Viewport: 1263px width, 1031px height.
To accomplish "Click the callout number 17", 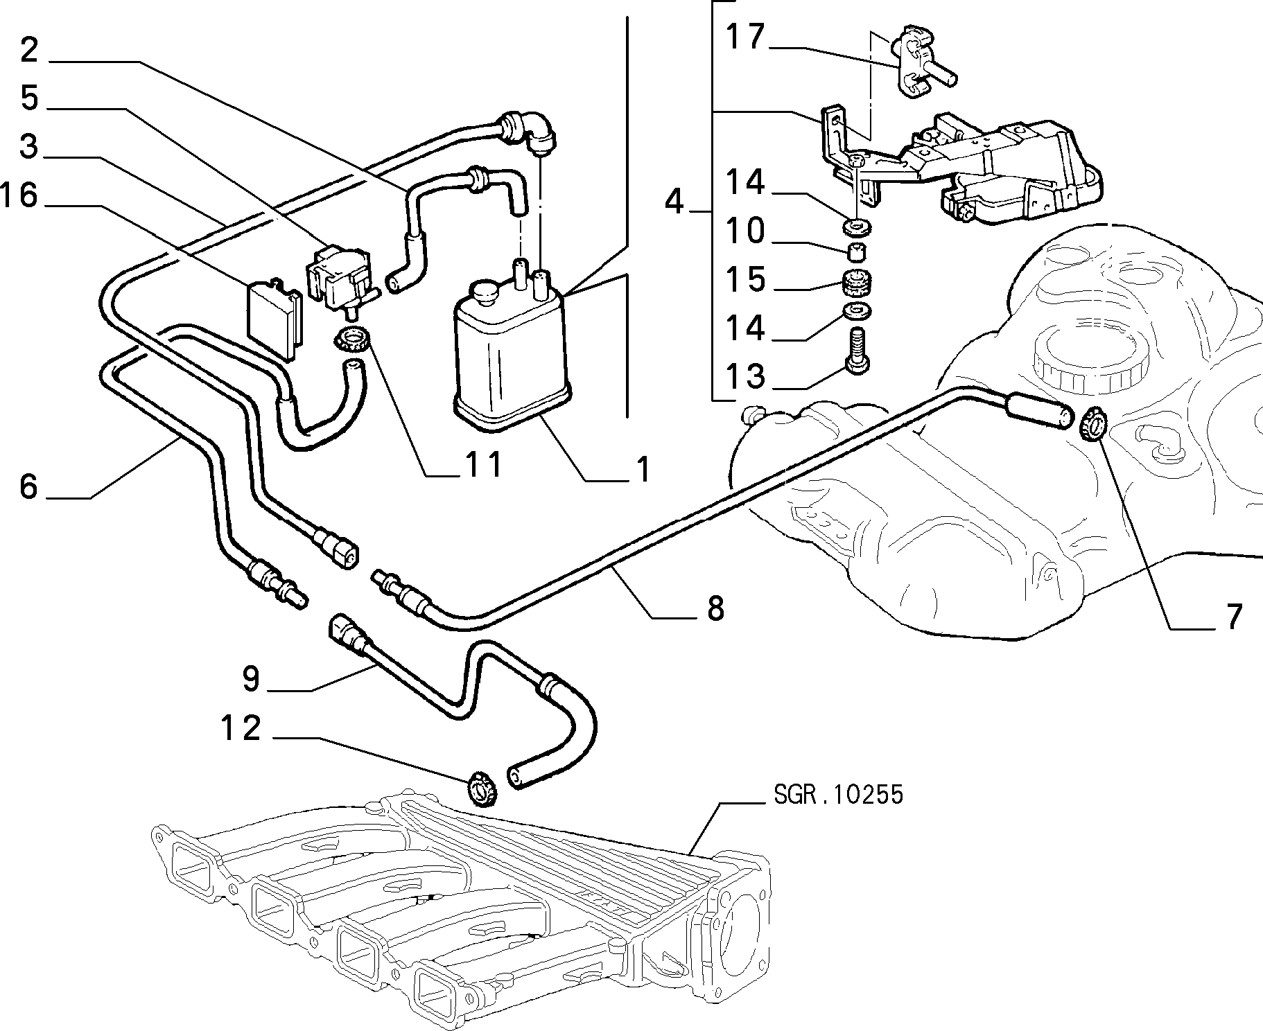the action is [744, 37].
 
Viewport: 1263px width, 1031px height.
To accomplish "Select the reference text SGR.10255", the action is [839, 794].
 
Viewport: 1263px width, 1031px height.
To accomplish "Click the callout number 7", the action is [1231, 617].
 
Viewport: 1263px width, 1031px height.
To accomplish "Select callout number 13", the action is [744, 376].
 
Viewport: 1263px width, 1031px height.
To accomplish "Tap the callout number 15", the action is [744, 279].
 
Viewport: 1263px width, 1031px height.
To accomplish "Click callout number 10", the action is [744, 231].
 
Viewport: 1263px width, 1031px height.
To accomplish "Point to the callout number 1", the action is [643, 470].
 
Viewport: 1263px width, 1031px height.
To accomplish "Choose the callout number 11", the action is [484, 465].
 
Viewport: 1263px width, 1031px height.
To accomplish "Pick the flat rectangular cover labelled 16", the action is [275, 319].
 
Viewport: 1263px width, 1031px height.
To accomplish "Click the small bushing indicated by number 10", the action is [857, 248].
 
